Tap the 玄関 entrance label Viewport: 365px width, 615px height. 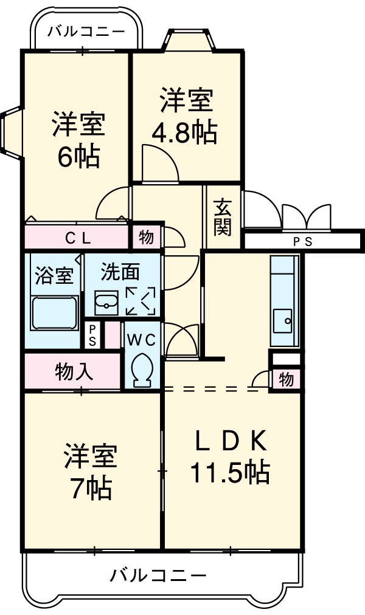coord(221,218)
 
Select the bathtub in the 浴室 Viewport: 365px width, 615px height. coord(55,312)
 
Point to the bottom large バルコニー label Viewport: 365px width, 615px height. coord(158,574)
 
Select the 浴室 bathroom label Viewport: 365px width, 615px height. coord(54,275)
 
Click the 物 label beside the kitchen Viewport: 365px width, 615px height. coord(286,380)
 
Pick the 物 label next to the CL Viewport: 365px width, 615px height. coord(146,238)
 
